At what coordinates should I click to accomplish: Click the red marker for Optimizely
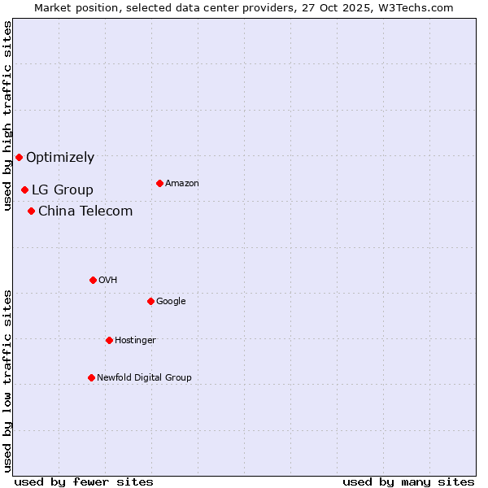[19, 157]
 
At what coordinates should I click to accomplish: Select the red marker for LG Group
[24, 190]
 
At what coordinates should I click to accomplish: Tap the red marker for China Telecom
[31, 211]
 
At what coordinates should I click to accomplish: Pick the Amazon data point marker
[159, 183]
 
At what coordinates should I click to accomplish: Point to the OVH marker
[93, 280]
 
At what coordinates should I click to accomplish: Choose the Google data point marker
[150, 301]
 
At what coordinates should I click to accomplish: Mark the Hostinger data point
[109, 340]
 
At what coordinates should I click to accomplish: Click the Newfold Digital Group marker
[91, 377]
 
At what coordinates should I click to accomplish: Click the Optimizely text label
[60, 157]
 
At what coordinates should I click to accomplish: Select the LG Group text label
[63, 190]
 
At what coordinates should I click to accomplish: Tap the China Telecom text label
[85, 211]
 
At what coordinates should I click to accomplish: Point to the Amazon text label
[182, 183]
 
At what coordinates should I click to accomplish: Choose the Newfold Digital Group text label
[144, 377]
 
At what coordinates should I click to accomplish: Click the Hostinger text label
[135, 340]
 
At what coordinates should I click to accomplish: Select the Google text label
[171, 301]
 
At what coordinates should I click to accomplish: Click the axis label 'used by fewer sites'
[84, 481]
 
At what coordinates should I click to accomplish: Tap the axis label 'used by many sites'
[408, 481]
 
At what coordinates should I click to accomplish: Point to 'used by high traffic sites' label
[7, 115]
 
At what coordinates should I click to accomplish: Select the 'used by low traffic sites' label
[7, 380]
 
